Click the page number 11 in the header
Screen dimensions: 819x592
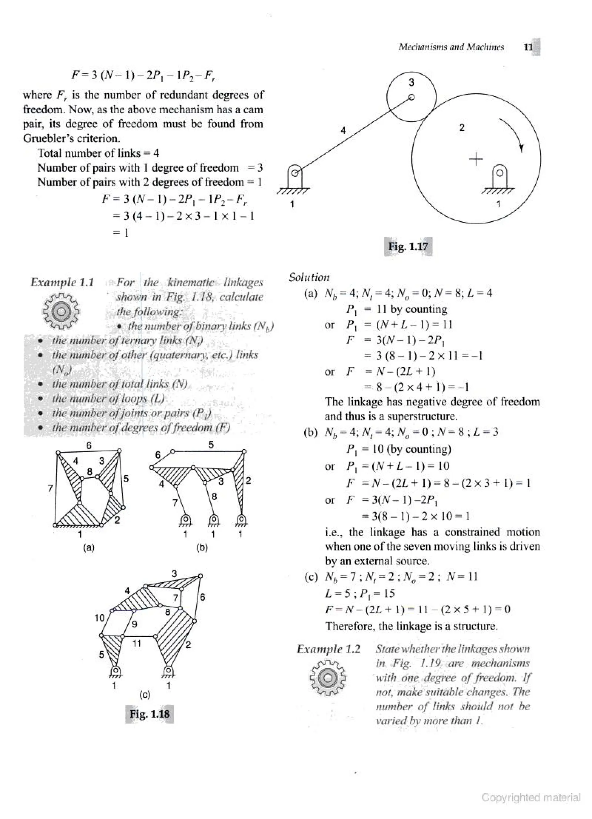528,47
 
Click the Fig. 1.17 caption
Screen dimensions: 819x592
408,247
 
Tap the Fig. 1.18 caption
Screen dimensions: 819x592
149,714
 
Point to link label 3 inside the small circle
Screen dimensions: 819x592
411,83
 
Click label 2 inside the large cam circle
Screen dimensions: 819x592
461,127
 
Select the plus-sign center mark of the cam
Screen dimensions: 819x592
476,159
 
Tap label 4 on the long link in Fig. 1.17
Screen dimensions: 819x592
343,131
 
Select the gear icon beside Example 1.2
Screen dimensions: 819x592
328,677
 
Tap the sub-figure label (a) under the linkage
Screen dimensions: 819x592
89,548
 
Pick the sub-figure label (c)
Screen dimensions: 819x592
145,694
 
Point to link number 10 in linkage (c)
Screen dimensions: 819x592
99,618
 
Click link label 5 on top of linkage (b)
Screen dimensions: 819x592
211,445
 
